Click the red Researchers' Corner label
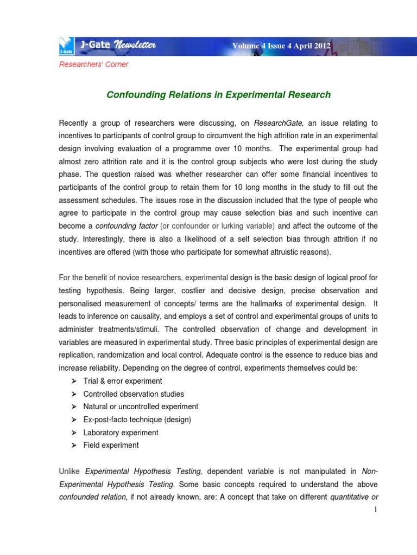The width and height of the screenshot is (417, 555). click(93, 64)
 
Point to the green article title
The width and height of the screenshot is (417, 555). click(218, 95)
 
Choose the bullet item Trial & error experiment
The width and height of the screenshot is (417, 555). click(123, 380)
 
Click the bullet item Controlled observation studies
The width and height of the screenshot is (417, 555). click(134, 393)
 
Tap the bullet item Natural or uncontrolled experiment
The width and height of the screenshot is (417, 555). click(141, 406)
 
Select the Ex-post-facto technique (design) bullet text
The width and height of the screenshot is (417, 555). click(137, 420)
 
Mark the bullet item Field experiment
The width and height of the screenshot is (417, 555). click(111, 446)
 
